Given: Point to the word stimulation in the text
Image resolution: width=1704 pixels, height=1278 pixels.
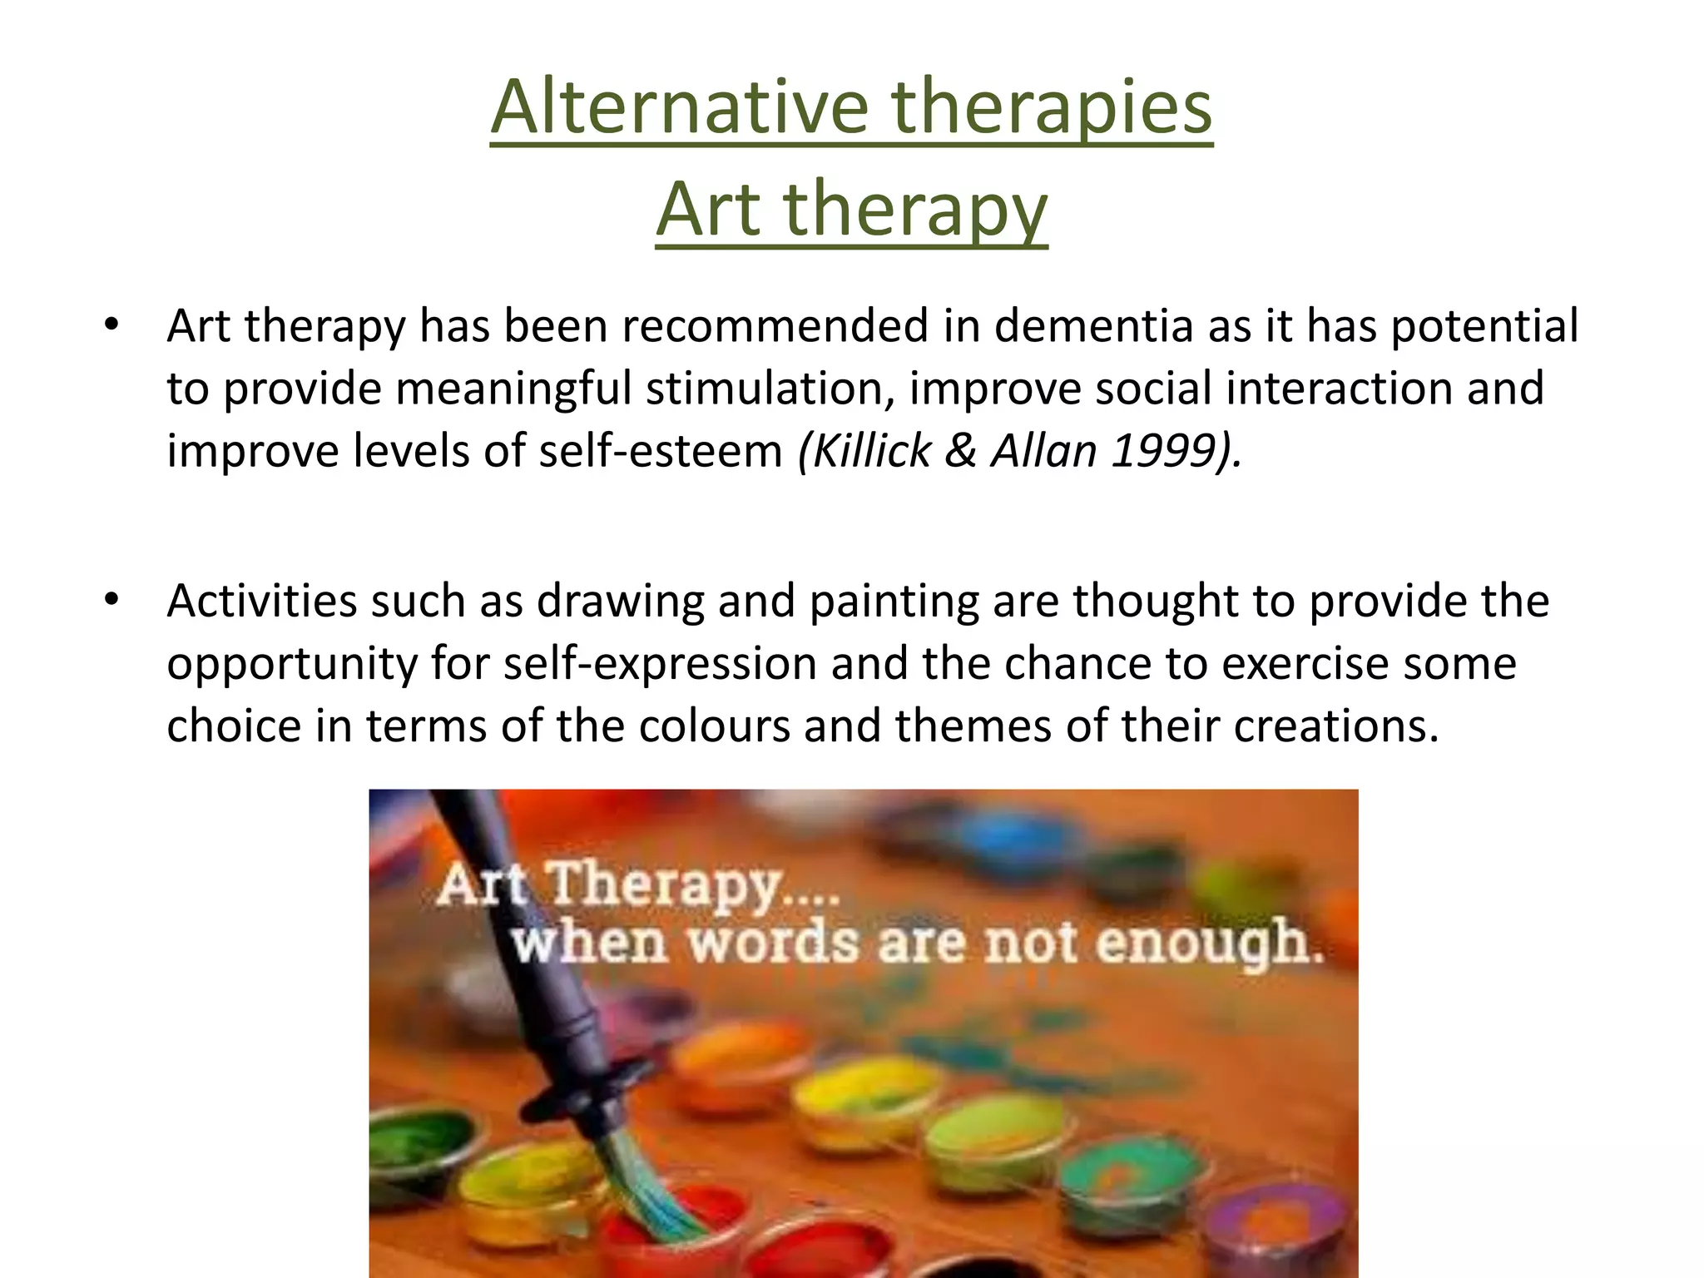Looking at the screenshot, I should (770, 389).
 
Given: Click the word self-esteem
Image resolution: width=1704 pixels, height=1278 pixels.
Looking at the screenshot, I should (661, 451).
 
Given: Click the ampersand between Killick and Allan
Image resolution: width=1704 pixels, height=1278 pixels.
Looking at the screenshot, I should (961, 451).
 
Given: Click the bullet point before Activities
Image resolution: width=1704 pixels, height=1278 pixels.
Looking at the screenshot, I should (112, 598).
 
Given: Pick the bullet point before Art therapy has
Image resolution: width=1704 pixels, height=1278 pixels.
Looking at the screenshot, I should (112, 324).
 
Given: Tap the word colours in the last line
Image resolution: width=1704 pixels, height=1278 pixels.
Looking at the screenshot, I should (714, 726).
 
